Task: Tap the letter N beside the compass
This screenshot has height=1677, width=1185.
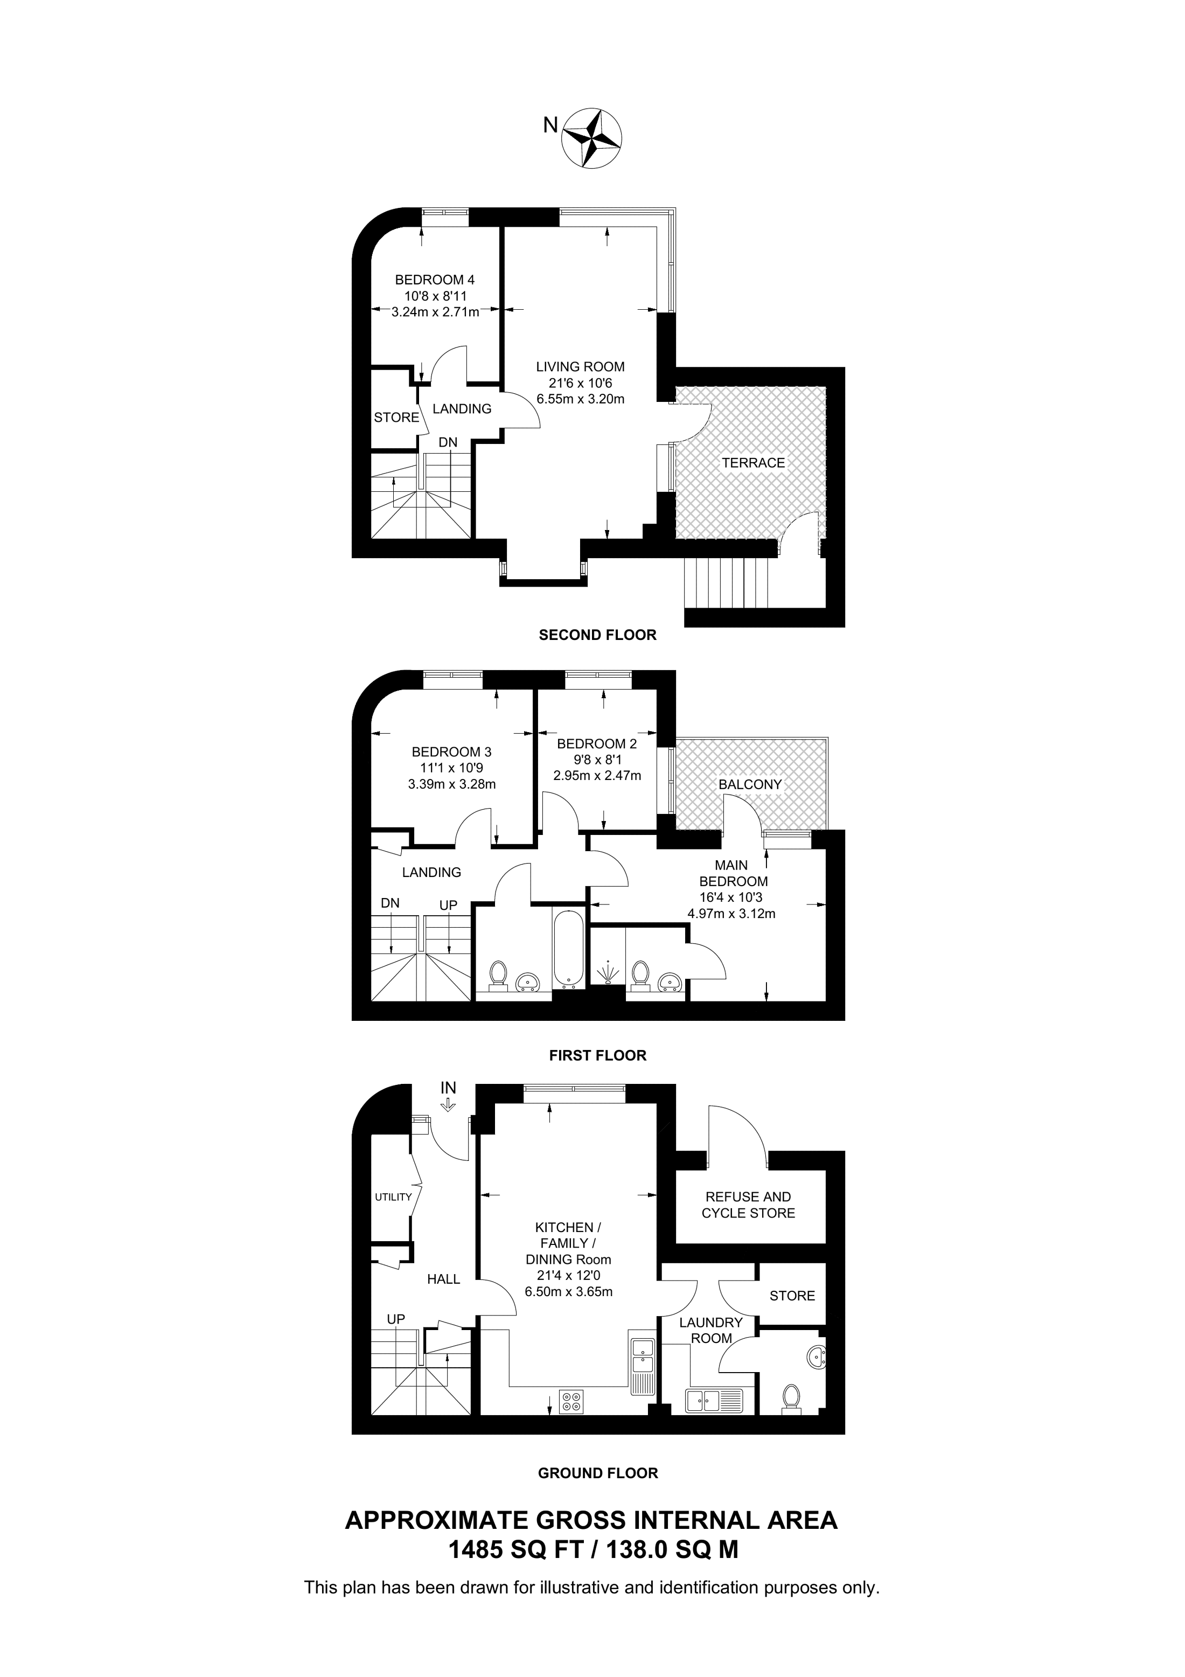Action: pyautogui.click(x=550, y=126)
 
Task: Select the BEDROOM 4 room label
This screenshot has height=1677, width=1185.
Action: pyautogui.click(x=435, y=280)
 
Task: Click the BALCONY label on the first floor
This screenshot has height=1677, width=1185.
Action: pyautogui.click(x=750, y=784)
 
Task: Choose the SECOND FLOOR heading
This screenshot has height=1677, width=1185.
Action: pyautogui.click(x=597, y=636)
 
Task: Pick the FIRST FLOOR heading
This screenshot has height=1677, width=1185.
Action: pyautogui.click(x=597, y=1055)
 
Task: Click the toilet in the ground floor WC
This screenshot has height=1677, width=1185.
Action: pyautogui.click(x=790, y=1398)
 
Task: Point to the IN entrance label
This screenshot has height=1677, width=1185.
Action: pyautogui.click(x=448, y=1108)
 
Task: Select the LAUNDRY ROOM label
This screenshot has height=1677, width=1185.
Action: pyautogui.click(x=711, y=1330)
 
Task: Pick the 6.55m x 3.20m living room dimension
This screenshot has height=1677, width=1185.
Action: pyautogui.click(x=581, y=400)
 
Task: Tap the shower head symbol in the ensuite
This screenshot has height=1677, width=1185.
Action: pyautogui.click(x=608, y=973)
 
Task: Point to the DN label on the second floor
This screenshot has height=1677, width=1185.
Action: pyautogui.click(x=448, y=443)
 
